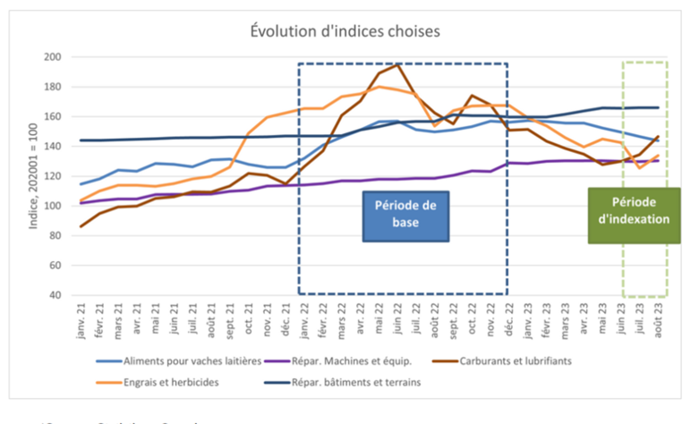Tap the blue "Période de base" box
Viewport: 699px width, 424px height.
pos(405,216)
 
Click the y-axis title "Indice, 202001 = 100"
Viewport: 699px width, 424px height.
pos(34,175)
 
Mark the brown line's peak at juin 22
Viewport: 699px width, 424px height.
pos(397,64)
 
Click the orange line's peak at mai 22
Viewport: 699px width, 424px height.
pos(379,87)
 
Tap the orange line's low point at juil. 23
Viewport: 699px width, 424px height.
pos(640,167)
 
